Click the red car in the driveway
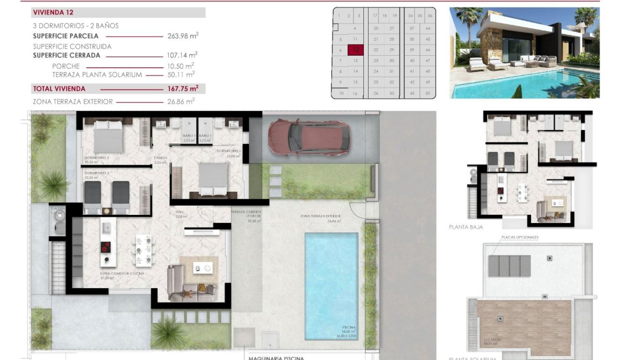point(309,137)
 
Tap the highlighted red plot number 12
point(355,51)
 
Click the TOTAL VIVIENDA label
point(59,89)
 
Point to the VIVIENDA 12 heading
point(53,12)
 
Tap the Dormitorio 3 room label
point(97,174)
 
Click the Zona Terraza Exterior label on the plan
point(320,217)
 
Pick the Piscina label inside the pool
point(348,328)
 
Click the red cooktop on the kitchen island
point(107,247)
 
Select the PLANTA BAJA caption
point(465,227)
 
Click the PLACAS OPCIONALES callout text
point(519,237)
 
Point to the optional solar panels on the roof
point(509,266)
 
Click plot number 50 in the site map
point(428,93)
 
